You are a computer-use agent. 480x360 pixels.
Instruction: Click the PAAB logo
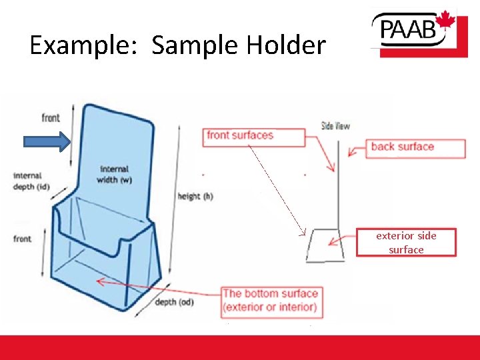tap(413, 33)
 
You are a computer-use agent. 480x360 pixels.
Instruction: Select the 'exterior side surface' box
tap(406, 243)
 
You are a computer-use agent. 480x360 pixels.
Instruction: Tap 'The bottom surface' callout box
tap(270, 301)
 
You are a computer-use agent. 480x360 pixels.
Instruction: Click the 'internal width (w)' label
tap(116, 175)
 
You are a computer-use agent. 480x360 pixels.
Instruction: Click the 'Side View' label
tap(335, 126)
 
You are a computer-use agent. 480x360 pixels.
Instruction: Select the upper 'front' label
tap(51, 118)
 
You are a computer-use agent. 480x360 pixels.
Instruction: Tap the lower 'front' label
tap(23, 239)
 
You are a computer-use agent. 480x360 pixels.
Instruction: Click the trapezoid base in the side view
tap(325, 245)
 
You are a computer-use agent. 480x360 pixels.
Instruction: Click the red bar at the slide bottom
tap(240, 347)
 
